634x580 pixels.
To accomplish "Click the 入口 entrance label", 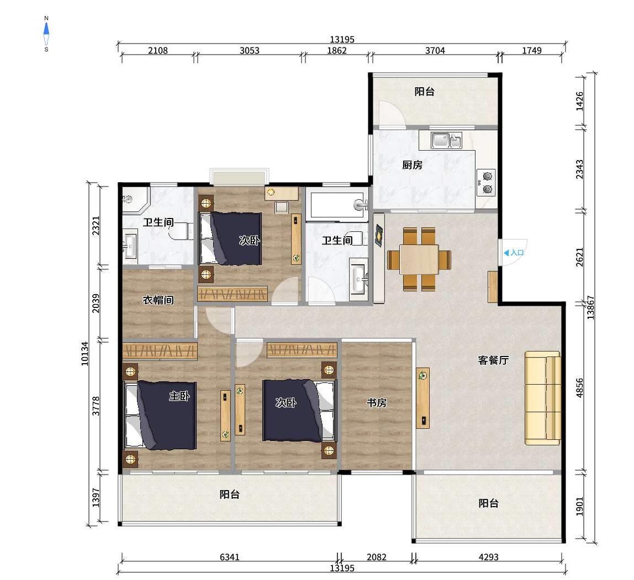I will click(514, 253).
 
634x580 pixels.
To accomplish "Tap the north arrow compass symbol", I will click(46, 34).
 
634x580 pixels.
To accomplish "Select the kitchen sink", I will click(447, 141).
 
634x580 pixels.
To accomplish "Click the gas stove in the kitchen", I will click(487, 183).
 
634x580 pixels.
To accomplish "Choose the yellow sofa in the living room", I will click(542, 397).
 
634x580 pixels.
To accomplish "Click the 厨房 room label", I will click(412, 165).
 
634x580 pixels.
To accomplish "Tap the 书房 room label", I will click(377, 403).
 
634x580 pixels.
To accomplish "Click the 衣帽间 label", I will click(158, 300).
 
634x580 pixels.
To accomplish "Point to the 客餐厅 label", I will click(493, 360).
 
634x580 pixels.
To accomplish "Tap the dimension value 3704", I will click(435, 51).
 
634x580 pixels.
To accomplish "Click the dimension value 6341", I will click(229, 557).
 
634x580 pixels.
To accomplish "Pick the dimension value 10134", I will click(84, 353).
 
